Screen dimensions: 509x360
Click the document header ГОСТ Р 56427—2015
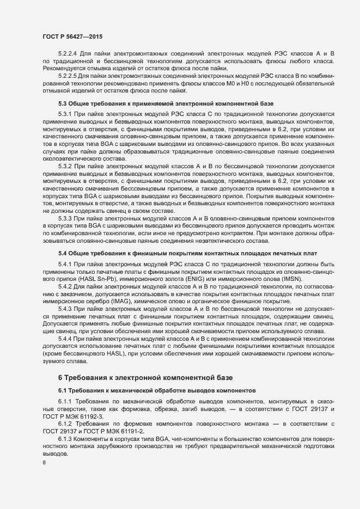point(72,36)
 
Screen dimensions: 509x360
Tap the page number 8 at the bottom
point(45,463)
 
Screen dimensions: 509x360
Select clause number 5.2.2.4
point(69,54)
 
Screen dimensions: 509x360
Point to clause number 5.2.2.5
point(69,76)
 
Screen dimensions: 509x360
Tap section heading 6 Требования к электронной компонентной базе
point(145,377)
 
